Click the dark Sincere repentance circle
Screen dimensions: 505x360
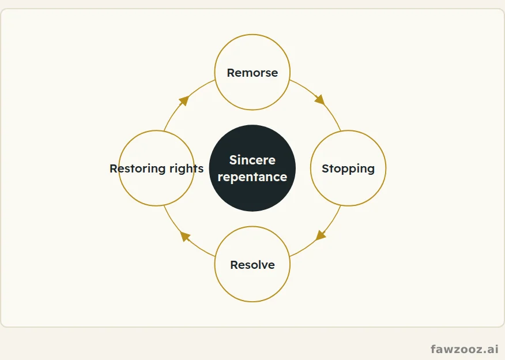point(252,168)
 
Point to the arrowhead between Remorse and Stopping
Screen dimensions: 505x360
point(320,99)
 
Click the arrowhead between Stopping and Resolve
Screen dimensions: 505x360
point(321,235)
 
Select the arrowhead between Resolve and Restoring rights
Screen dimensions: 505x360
point(185,236)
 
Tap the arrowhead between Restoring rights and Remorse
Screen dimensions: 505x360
point(184,100)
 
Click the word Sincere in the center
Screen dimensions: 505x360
point(252,160)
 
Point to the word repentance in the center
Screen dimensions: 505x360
point(252,177)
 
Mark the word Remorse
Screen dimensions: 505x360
point(252,73)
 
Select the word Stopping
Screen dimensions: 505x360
point(348,168)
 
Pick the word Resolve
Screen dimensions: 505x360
point(252,265)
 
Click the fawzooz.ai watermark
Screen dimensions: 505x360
point(465,348)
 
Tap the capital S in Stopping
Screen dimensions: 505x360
point(325,168)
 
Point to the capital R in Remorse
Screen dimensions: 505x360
point(231,73)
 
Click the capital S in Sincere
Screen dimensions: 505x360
point(233,160)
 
